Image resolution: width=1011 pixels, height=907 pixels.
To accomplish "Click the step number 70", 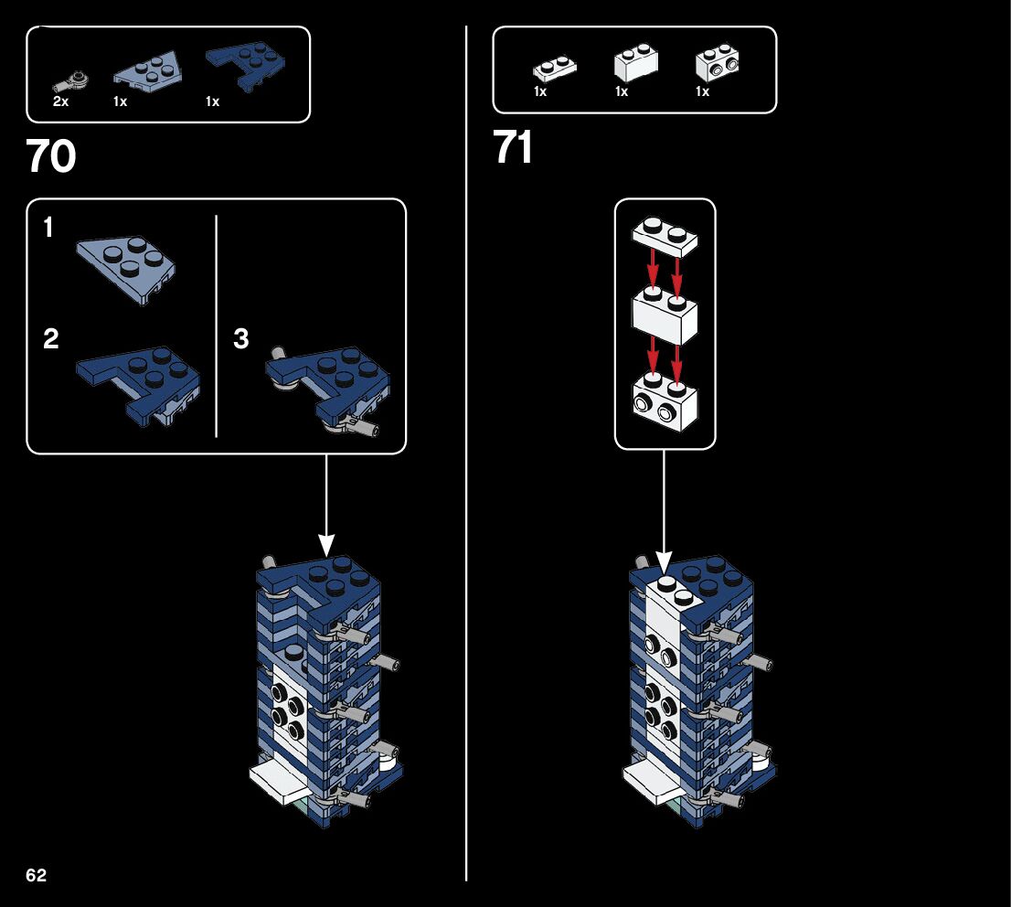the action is point(51,157).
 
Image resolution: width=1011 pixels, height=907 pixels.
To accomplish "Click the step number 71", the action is point(513,147).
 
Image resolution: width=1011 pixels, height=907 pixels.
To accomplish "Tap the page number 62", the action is point(36,875).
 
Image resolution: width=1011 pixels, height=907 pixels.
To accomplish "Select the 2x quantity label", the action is point(60,101).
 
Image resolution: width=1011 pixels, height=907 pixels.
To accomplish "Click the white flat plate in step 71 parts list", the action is point(553,68).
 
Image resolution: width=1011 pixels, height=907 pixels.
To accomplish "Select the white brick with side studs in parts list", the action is point(717,63).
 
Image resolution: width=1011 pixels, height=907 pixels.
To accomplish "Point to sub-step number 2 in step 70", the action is point(51,339).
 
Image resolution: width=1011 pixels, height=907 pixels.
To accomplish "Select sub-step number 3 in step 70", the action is point(240,339).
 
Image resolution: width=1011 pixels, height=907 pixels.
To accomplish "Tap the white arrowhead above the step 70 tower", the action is point(325,545).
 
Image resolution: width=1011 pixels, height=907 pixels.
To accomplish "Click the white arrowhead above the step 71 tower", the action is point(665,562).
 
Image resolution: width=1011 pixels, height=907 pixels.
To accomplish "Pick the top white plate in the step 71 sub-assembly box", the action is point(665,235).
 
